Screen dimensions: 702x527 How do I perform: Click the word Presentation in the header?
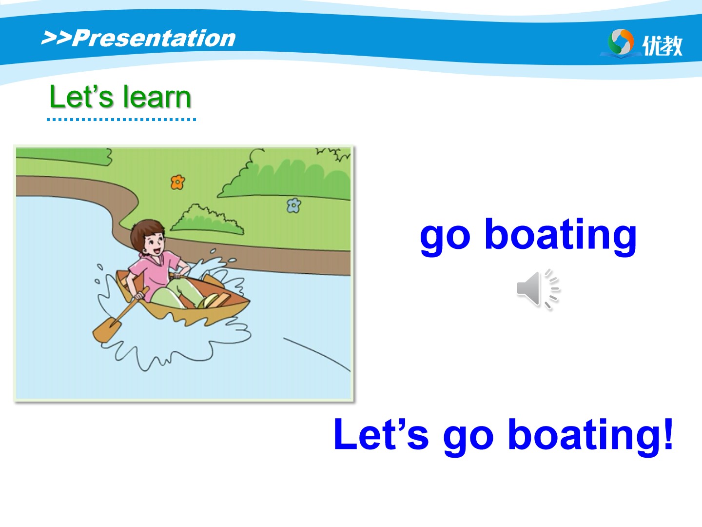[154, 39]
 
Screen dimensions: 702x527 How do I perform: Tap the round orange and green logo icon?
[621, 42]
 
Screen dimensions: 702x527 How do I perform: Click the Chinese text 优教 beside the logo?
[663, 46]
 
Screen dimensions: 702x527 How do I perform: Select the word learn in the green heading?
[157, 97]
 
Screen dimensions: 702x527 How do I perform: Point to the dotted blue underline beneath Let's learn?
[121, 120]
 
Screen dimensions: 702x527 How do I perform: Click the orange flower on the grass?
[177, 182]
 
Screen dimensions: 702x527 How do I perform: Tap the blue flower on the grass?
[293, 205]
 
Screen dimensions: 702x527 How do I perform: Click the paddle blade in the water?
[107, 329]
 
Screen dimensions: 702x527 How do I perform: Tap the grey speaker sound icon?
[538, 289]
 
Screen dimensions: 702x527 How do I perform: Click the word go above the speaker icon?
[445, 237]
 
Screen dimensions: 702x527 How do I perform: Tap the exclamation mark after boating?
[668, 434]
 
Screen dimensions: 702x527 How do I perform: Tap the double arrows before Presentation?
[56, 38]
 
